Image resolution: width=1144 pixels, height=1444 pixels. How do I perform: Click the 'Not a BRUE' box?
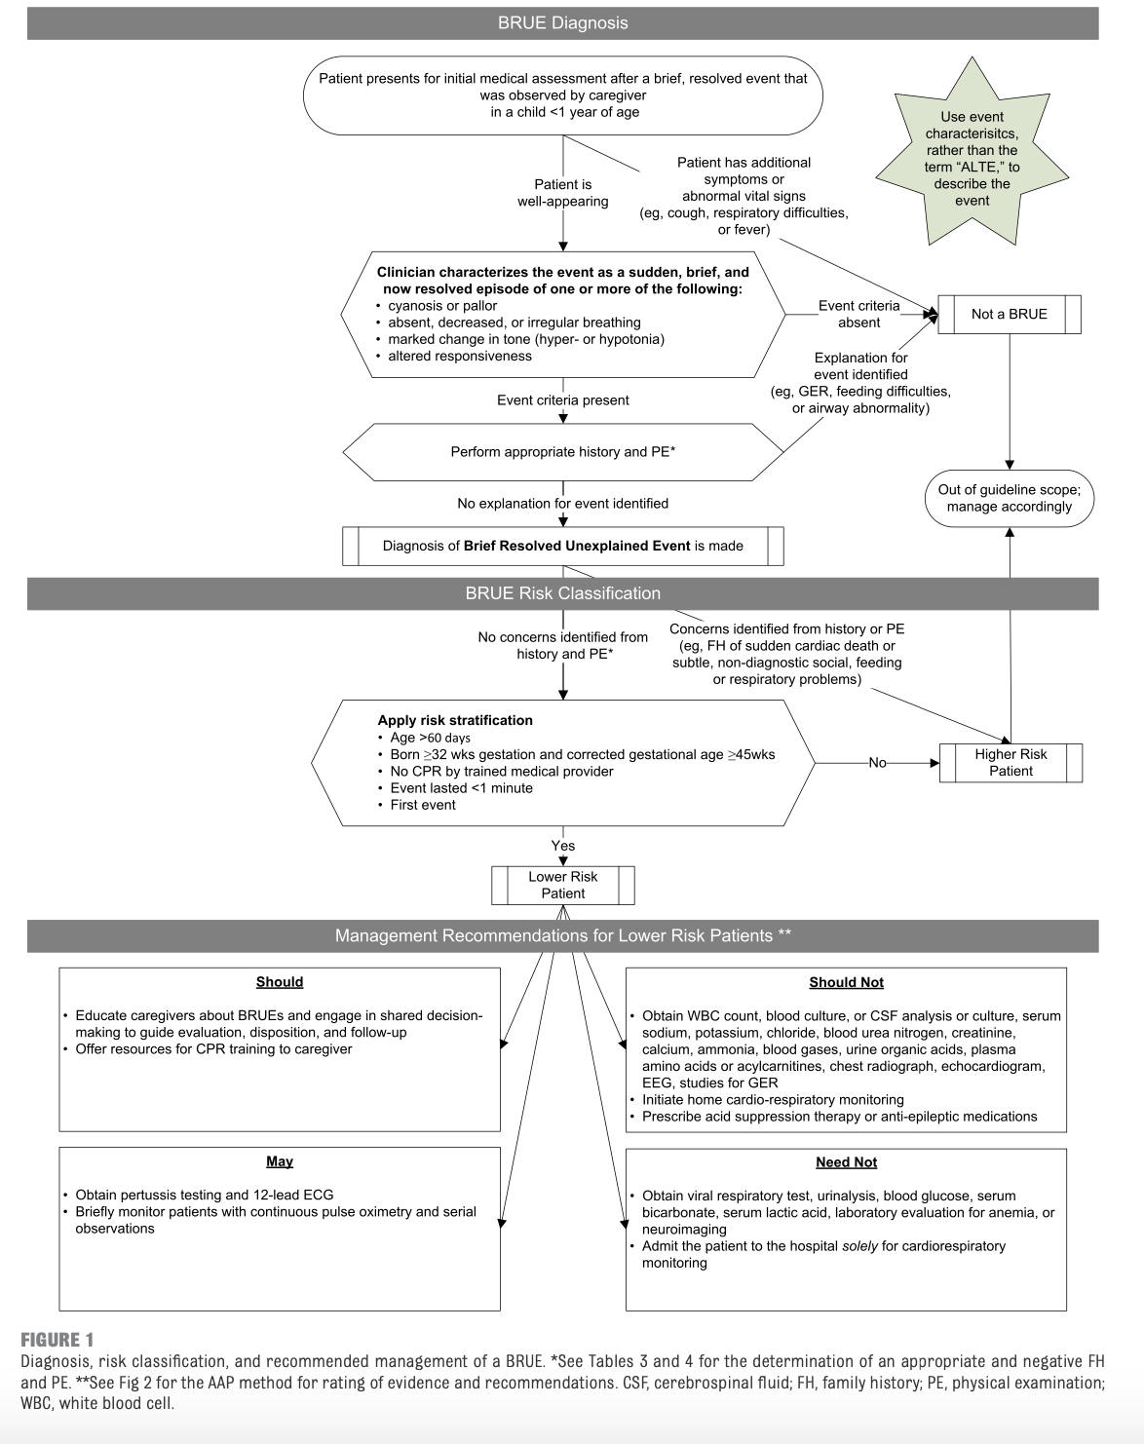(x=1009, y=314)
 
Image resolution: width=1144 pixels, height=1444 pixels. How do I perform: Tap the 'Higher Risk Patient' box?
(x=1011, y=762)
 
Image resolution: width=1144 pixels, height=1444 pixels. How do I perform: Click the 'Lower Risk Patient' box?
(x=562, y=885)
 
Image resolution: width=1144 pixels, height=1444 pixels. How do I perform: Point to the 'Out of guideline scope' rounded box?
(x=1009, y=498)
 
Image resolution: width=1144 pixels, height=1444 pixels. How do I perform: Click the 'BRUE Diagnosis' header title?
(x=562, y=23)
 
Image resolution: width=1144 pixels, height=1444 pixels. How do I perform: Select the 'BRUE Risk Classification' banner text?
(x=562, y=593)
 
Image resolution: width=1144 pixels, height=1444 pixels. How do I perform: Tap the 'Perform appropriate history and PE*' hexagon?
(x=562, y=452)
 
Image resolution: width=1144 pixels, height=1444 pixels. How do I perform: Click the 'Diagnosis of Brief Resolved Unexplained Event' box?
(x=562, y=546)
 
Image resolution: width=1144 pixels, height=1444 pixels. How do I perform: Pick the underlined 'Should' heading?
(x=280, y=982)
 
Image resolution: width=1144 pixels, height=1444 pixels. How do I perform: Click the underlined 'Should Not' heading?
(x=846, y=982)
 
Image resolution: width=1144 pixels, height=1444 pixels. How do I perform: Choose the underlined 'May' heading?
(x=280, y=1161)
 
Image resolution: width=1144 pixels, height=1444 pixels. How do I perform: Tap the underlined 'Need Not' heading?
(x=846, y=1162)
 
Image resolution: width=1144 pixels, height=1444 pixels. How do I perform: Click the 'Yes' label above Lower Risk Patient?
(x=562, y=846)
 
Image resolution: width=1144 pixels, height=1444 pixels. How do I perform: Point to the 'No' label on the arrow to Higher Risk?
(x=877, y=763)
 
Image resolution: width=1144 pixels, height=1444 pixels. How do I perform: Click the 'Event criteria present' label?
(x=562, y=400)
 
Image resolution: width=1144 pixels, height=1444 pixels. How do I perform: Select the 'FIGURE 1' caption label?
(x=57, y=1340)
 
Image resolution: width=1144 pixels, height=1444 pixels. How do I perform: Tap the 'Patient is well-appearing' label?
(x=562, y=193)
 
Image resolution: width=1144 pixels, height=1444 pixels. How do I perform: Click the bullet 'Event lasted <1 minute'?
(x=461, y=788)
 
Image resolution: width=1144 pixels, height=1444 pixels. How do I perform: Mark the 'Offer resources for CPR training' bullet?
(x=213, y=1049)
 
